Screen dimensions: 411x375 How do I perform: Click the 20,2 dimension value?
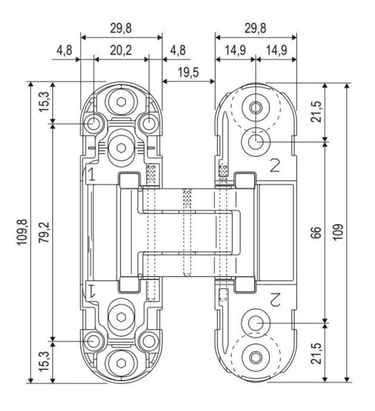coord(121,50)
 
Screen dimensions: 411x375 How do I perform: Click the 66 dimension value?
coord(316,232)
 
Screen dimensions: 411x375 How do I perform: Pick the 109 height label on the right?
coord(338,232)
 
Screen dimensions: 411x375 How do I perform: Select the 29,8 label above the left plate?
coord(121,29)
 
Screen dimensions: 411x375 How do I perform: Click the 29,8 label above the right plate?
coord(255,29)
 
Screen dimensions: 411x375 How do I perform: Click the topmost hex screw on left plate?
coord(122,101)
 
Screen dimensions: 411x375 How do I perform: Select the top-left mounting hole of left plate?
coord(94,123)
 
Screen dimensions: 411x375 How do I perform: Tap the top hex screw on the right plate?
coord(256,108)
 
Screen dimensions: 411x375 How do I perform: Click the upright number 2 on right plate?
coord(275,165)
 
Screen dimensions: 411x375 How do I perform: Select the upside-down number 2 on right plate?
coord(275,298)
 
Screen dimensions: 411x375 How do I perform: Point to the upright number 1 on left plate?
coord(90,174)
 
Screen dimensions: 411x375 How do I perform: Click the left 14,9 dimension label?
coord(235,50)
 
